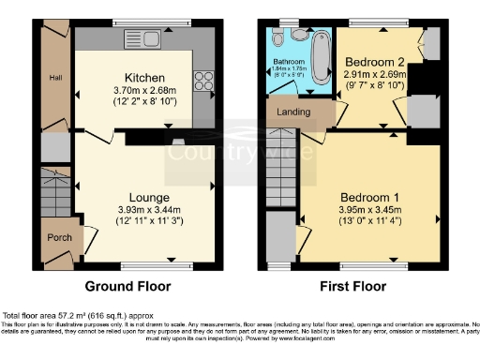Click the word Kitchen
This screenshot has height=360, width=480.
pyautogui.click(x=145, y=77)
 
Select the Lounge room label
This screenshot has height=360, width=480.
pyautogui.click(x=149, y=198)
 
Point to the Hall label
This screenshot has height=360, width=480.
pyautogui.click(x=55, y=79)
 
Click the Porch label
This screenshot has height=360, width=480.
pyautogui.click(x=58, y=237)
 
